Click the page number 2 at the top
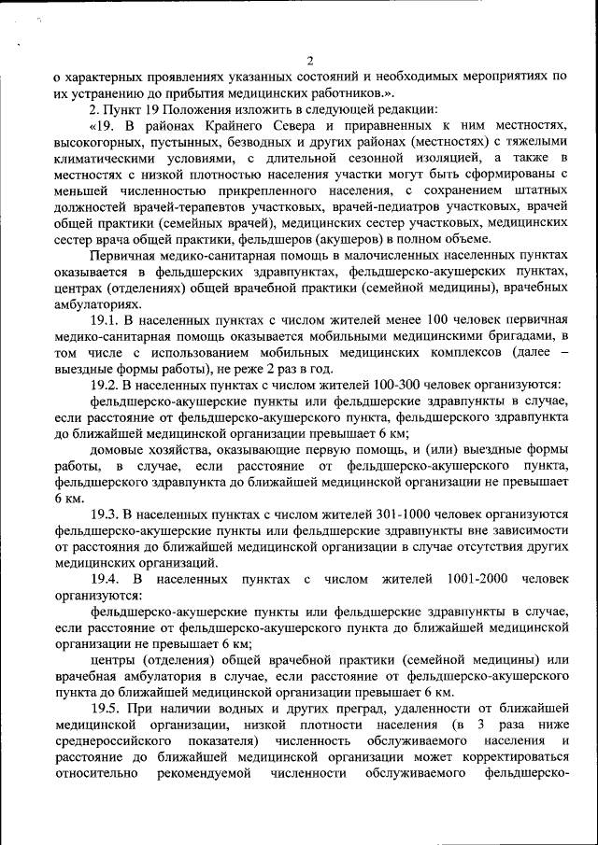pyautogui.click(x=309, y=62)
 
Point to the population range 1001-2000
pyautogui.click(x=478, y=579)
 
